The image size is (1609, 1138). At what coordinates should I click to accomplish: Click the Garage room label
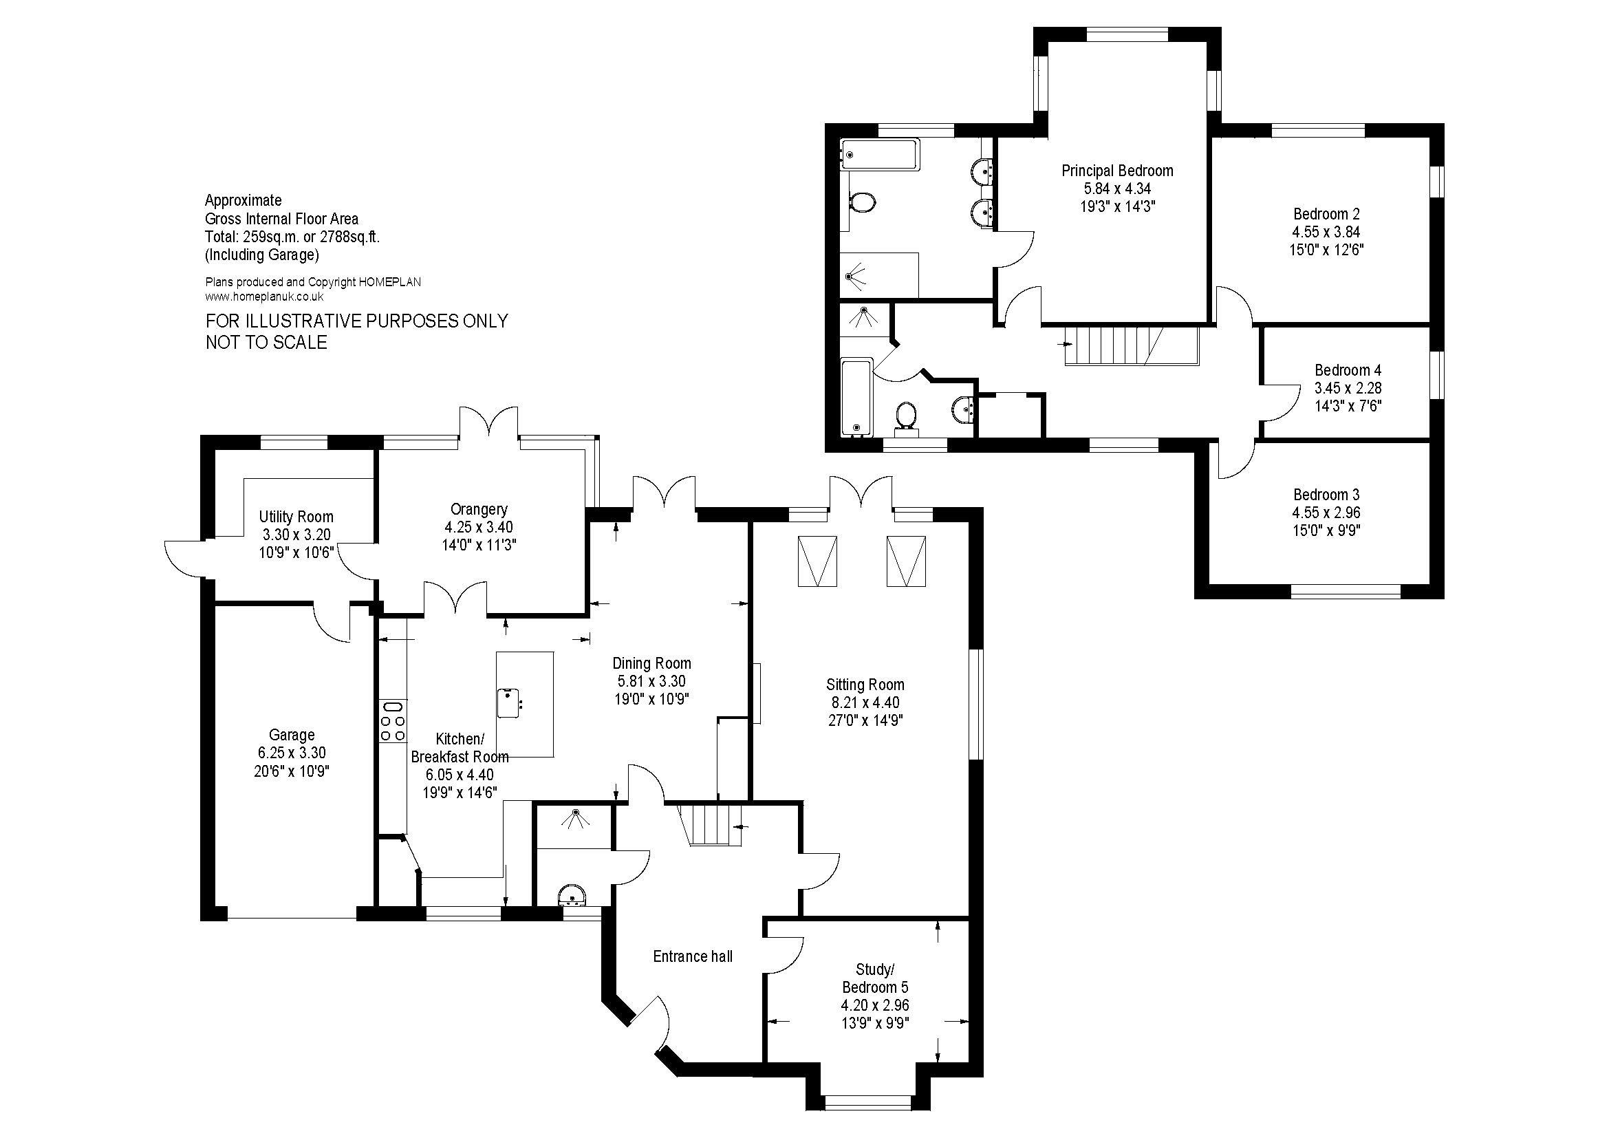pyautogui.click(x=292, y=735)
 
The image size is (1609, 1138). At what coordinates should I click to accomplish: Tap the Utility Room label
pyautogui.click(x=296, y=517)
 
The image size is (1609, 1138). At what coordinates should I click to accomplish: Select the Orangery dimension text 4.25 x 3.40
pyautogui.click(x=479, y=527)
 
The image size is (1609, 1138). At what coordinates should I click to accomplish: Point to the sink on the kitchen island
pyautogui.click(x=508, y=703)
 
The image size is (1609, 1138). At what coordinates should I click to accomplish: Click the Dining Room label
pyautogui.click(x=651, y=663)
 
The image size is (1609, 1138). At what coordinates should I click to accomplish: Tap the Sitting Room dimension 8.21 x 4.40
pyautogui.click(x=865, y=702)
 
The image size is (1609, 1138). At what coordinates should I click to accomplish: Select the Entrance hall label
pyautogui.click(x=693, y=956)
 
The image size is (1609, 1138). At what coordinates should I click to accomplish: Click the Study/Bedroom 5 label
pyautogui.click(x=874, y=978)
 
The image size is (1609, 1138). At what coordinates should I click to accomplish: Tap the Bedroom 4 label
pyautogui.click(x=1348, y=370)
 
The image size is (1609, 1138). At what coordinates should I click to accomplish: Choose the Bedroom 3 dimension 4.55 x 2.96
pyautogui.click(x=1326, y=513)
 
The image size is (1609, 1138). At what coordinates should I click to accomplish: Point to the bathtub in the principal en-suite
pyautogui.click(x=880, y=154)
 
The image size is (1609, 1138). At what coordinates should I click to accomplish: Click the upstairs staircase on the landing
pyautogui.click(x=1132, y=346)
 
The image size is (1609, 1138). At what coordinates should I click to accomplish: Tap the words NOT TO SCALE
pyautogui.click(x=266, y=343)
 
